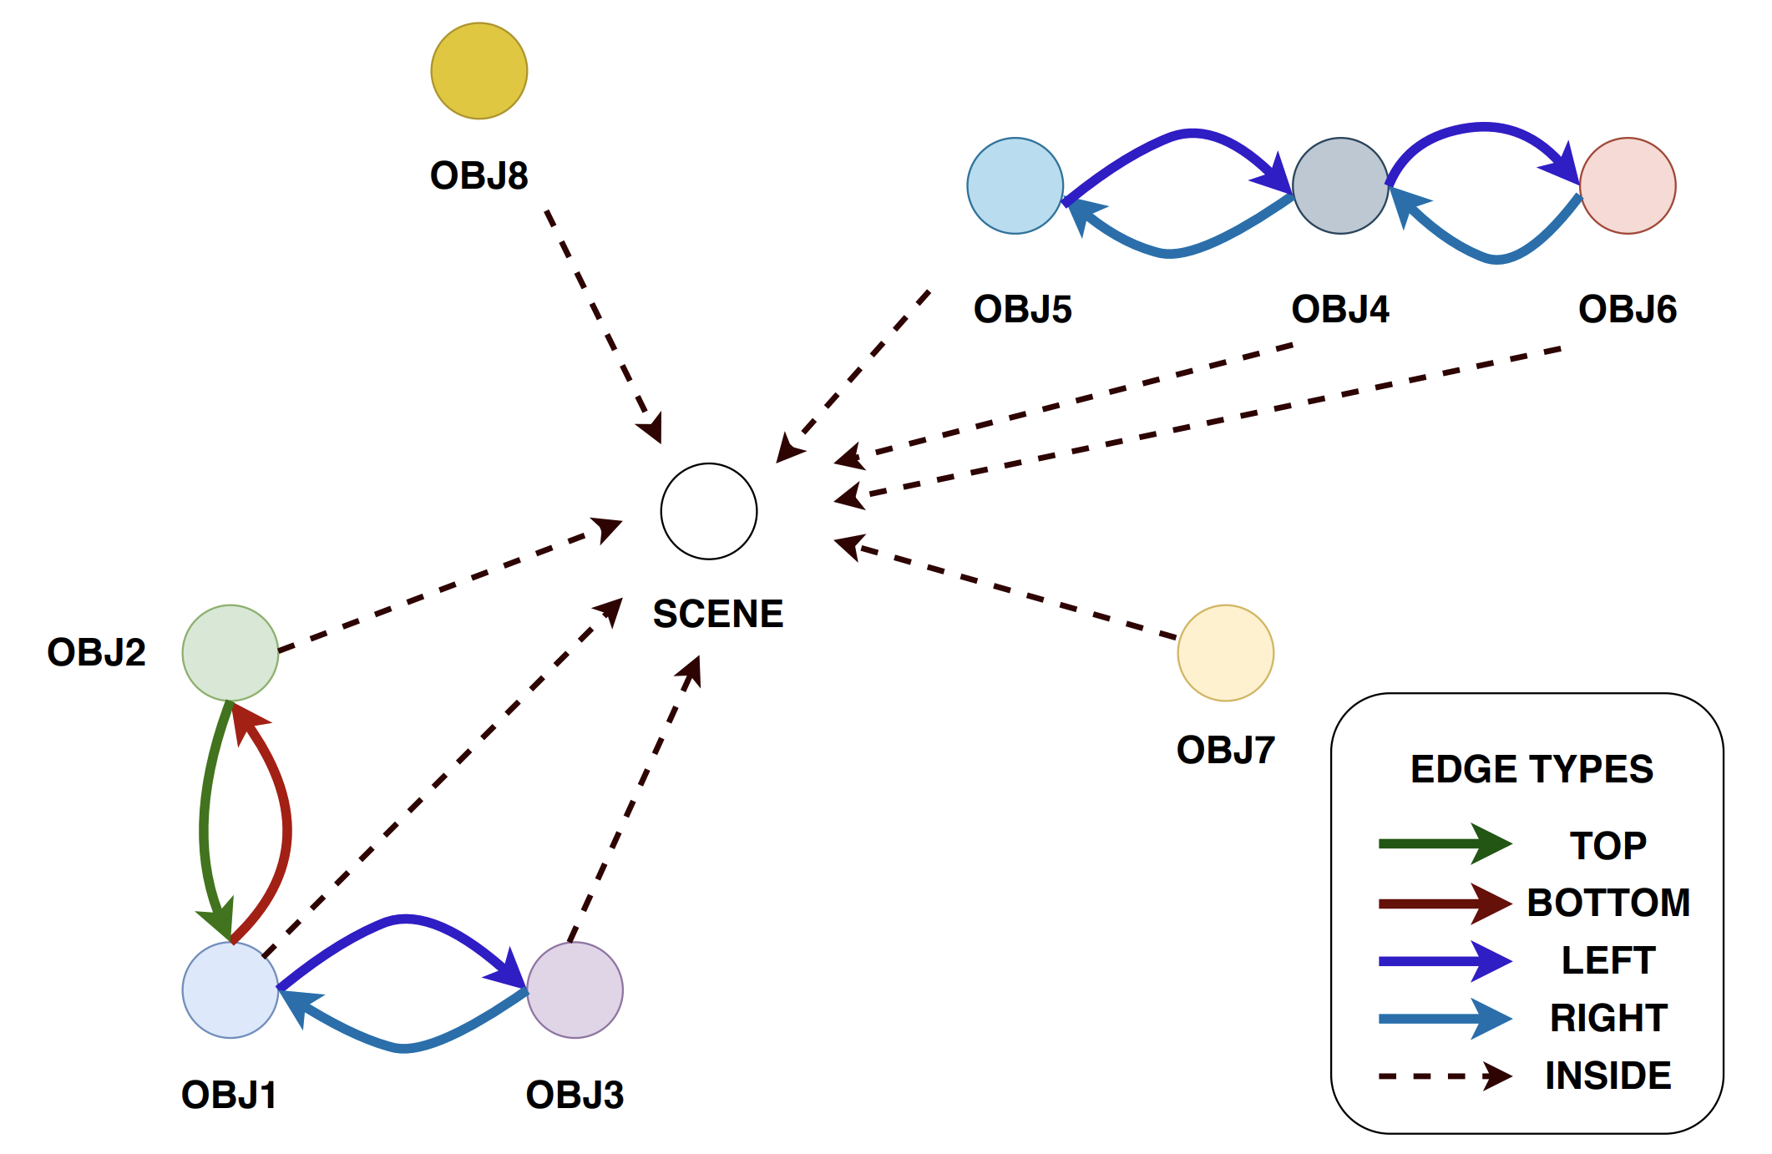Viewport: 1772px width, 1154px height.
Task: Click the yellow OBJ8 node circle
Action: (478, 71)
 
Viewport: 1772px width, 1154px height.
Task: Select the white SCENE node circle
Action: (709, 511)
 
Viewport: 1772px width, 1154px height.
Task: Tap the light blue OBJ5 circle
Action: (1015, 185)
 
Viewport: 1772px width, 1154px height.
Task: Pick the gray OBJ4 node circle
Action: (1340, 185)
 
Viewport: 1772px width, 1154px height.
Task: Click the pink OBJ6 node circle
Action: (1628, 185)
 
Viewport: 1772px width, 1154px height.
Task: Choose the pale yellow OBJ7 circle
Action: (1225, 653)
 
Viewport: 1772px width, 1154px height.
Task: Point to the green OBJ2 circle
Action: (230, 653)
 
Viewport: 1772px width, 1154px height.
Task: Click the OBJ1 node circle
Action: (230, 990)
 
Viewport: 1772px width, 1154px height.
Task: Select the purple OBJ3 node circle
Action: (575, 990)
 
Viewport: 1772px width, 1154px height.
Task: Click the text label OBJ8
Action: (478, 175)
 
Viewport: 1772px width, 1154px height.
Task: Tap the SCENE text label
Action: (718, 614)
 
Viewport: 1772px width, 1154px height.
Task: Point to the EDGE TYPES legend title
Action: (1532, 769)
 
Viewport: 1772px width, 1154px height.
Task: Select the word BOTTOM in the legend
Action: (1608, 903)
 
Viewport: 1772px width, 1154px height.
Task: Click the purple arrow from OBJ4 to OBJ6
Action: (1482, 128)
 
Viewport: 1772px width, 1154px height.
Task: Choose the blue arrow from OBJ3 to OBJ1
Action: (405, 1048)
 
